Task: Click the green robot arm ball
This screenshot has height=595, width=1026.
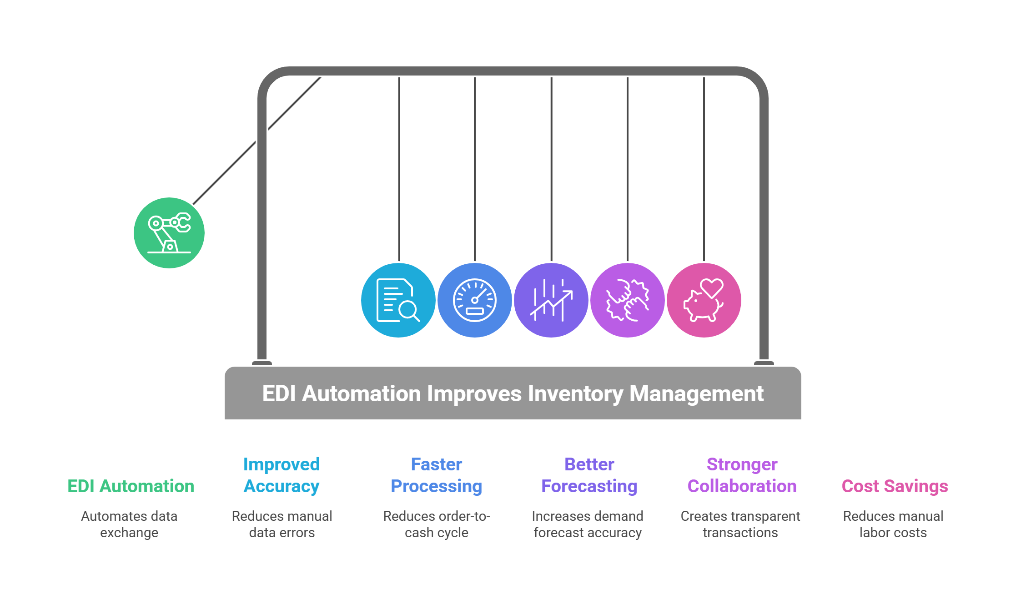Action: [169, 233]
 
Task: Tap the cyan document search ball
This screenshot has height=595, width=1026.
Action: [398, 300]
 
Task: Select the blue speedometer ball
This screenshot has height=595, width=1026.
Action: [474, 300]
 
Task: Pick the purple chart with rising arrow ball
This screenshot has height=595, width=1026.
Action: [551, 300]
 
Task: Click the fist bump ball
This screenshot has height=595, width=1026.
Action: [628, 300]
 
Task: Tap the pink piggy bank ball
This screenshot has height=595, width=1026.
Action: [704, 300]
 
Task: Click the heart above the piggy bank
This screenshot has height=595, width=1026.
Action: [712, 287]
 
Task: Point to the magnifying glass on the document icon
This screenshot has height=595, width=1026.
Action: [409, 310]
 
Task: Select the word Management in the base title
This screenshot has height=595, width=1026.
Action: [696, 394]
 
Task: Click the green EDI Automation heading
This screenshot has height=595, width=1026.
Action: [131, 486]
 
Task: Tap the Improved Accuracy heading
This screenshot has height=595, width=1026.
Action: [282, 475]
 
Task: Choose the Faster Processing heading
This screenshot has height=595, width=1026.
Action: [436, 475]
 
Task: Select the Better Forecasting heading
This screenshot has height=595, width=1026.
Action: [589, 475]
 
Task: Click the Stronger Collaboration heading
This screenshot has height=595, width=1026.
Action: [742, 475]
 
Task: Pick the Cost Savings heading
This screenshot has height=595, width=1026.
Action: [895, 486]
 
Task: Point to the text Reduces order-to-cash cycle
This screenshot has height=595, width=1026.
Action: [437, 524]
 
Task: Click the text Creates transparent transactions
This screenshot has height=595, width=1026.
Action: [740, 524]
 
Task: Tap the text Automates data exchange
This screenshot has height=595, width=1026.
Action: [129, 524]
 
